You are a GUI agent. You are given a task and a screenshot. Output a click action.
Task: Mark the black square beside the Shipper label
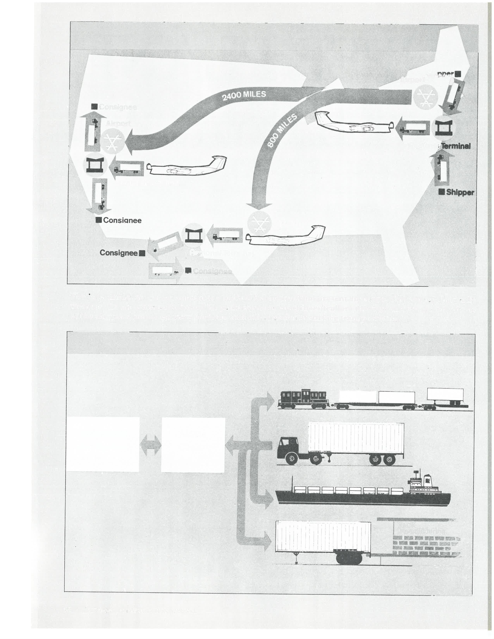(x=442, y=192)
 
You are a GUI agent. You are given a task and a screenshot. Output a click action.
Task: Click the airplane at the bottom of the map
(x=285, y=236)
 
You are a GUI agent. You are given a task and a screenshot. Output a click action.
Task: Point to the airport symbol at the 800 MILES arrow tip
(x=259, y=223)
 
